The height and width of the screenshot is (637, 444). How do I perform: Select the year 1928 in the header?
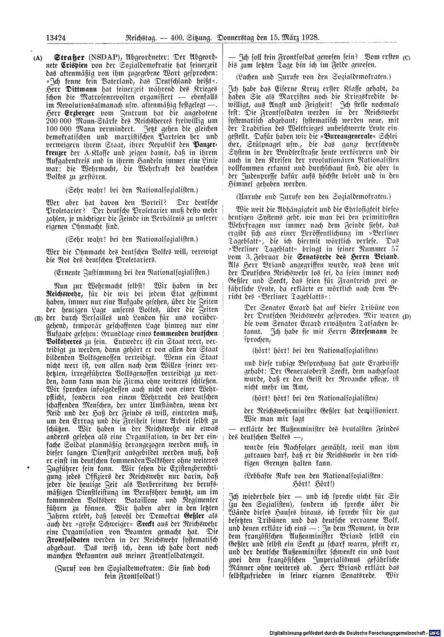tap(309, 38)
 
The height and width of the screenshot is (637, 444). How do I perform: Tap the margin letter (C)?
tap(406, 58)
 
